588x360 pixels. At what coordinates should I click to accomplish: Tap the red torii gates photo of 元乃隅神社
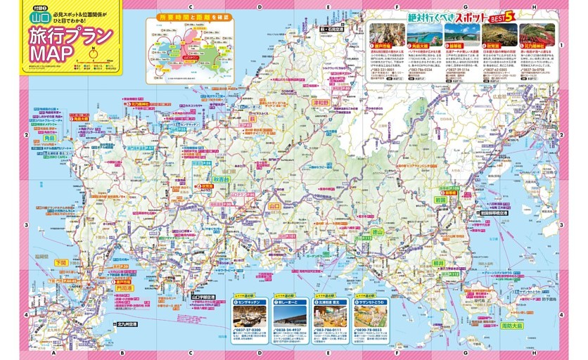click(x=537, y=34)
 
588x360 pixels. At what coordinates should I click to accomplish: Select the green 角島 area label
click(x=49, y=139)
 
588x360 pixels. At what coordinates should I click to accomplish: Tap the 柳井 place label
click(x=438, y=261)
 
